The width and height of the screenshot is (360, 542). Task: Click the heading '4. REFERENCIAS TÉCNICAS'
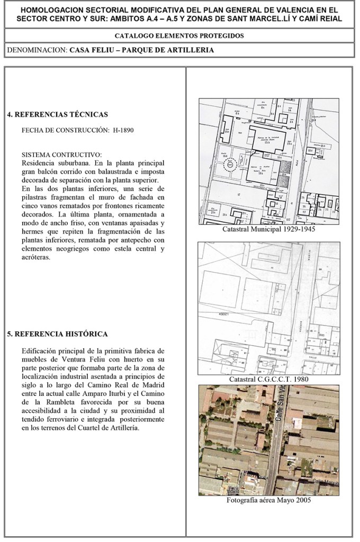coord(58,114)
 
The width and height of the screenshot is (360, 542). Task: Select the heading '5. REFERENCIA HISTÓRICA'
coord(58,334)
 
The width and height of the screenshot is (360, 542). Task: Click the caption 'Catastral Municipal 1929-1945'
coord(270,231)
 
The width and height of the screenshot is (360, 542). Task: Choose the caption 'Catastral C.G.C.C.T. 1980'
coord(269,380)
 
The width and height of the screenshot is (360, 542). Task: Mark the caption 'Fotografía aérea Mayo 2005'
coord(268,500)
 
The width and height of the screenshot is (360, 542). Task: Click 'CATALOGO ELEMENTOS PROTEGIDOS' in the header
coord(179,37)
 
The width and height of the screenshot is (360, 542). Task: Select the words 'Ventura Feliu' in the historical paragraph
coord(79,359)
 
